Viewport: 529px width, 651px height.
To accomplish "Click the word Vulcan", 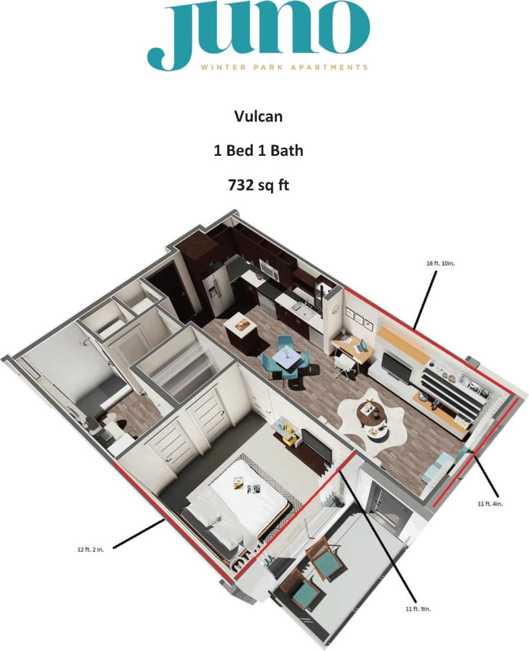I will [258, 116].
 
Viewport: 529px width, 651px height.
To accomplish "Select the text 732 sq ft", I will [258, 185].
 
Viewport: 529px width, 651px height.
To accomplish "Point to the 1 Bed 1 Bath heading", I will [258, 151].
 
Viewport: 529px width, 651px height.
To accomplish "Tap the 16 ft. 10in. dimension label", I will [440, 263].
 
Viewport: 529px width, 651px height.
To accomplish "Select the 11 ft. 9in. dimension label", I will [419, 609].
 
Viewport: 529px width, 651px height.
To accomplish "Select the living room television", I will [394, 368].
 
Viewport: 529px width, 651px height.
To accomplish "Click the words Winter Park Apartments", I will [284, 67].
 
